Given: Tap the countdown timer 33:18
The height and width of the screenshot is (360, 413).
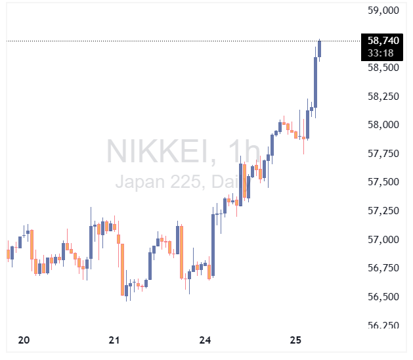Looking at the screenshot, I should click(381, 53).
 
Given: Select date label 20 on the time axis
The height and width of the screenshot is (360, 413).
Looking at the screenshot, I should click(24, 340).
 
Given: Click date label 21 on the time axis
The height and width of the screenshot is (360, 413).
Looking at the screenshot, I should click(114, 340).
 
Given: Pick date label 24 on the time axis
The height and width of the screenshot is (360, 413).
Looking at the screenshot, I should click(206, 340).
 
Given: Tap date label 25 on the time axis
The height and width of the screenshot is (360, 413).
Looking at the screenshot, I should click(295, 340).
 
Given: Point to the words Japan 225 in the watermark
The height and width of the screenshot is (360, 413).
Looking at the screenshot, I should click(158, 181).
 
